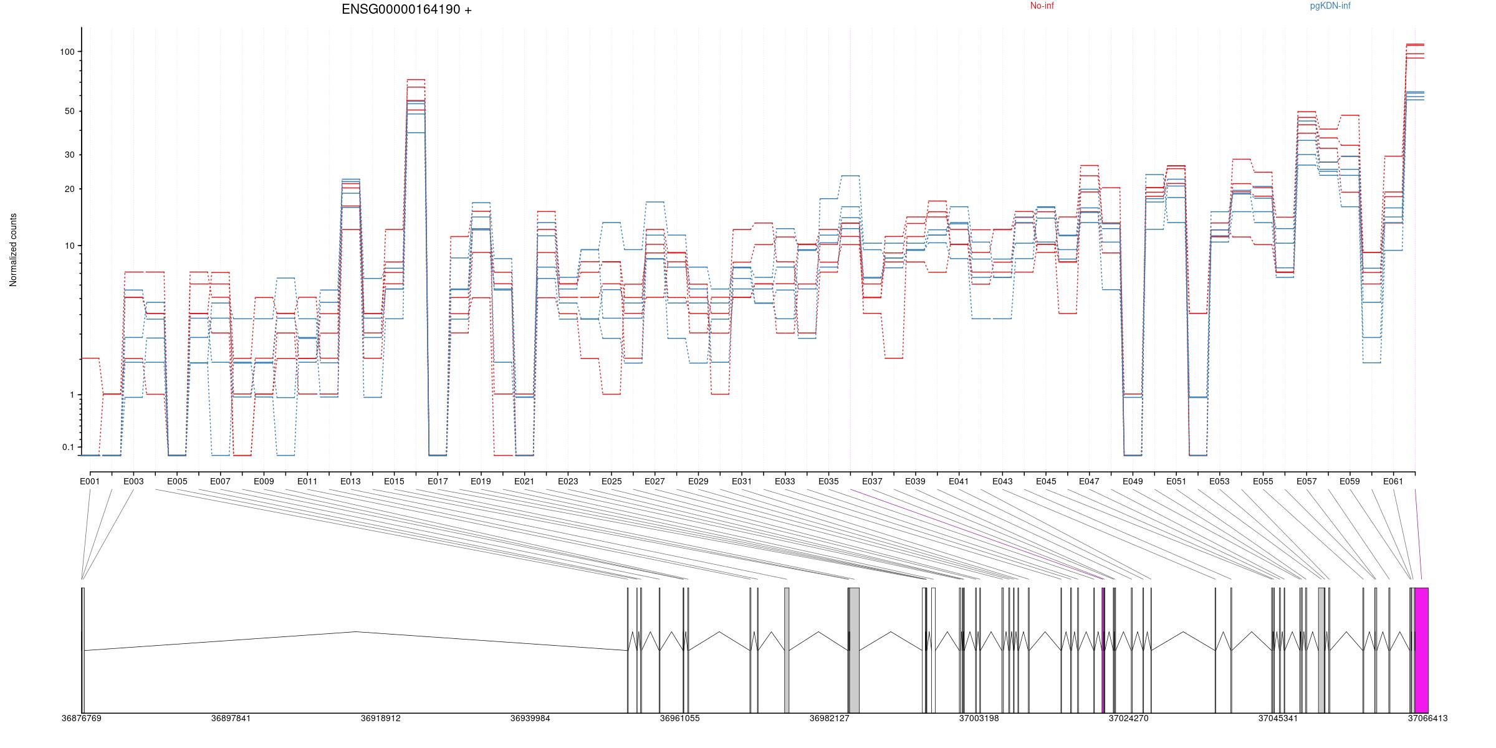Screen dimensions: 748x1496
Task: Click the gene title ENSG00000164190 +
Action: [x=406, y=10]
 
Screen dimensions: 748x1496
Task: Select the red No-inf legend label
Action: [x=1042, y=6]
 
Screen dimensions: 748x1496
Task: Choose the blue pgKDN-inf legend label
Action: [x=1330, y=6]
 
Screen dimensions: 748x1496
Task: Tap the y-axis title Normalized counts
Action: [x=13, y=250]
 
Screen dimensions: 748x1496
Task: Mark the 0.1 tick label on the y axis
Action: [x=68, y=447]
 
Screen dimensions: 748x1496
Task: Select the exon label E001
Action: [x=90, y=481]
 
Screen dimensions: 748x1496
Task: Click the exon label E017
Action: [x=438, y=481]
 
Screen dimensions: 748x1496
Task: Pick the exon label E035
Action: [x=828, y=481]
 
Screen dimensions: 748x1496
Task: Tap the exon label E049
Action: [x=1133, y=481]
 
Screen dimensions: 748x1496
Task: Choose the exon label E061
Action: [x=1393, y=481]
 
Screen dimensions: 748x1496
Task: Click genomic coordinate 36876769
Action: [x=81, y=718]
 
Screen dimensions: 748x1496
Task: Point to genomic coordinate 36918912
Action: [x=381, y=718]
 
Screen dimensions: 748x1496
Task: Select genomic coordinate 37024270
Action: [x=1128, y=718]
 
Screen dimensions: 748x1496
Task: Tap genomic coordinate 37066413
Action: [x=1427, y=718]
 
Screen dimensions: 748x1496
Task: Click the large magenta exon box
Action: [x=1421, y=650]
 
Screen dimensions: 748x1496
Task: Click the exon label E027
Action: [x=654, y=481]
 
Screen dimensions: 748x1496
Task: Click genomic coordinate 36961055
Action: [x=680, y=718]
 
